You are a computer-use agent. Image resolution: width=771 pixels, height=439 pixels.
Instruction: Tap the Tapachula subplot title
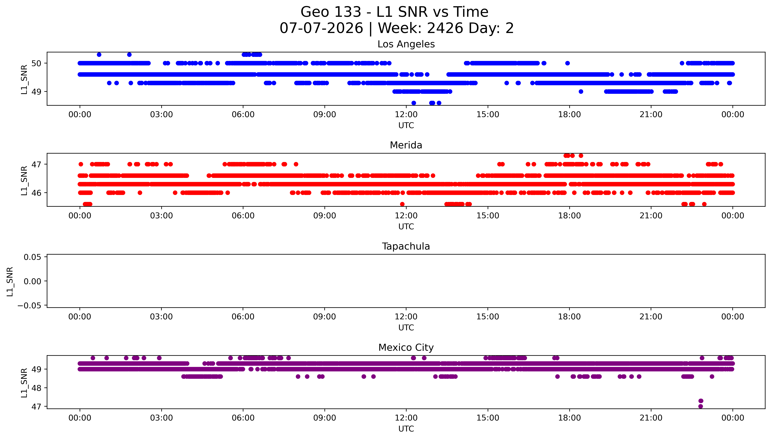(406, 246)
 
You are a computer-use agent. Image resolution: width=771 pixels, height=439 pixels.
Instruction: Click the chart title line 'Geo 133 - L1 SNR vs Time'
(394, 12)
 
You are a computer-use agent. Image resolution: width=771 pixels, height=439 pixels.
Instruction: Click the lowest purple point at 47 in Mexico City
(700, 406)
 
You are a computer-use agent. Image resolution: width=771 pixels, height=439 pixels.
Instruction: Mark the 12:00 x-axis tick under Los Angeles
(406, 115)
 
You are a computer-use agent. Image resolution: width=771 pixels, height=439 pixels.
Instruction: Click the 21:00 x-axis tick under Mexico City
(651, 418)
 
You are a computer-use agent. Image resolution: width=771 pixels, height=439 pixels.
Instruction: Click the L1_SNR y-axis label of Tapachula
(10, 281)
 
